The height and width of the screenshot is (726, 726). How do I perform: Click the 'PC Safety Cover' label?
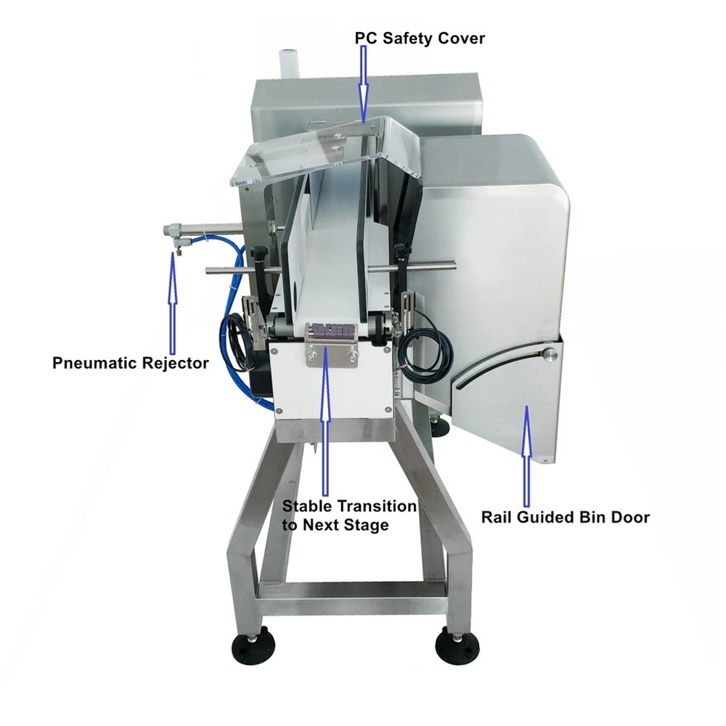point(419,38)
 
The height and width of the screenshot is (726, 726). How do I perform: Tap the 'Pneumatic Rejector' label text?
point(130,362)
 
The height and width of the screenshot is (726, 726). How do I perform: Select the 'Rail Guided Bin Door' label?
point(565,518)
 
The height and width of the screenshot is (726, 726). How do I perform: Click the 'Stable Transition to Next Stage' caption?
point(349,515)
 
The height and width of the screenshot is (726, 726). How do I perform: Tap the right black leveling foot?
point(457,643)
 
